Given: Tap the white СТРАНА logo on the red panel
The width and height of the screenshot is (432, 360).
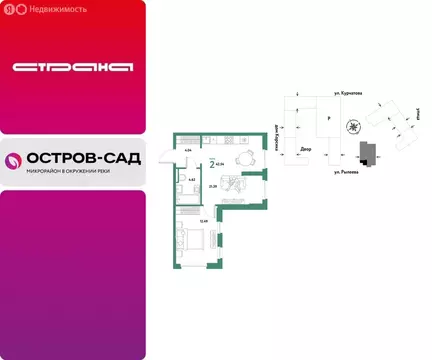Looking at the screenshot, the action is click(72, 67).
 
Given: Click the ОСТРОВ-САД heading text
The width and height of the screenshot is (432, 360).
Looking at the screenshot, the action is click(85, 158).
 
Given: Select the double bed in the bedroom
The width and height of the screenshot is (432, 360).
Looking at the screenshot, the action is click(195, 239).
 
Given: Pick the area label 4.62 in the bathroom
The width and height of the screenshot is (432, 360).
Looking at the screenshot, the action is click(191, 179).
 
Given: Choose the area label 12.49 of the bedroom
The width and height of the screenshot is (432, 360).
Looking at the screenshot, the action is click(203, 220).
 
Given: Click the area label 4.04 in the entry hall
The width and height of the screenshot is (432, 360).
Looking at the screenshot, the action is click(189, 152).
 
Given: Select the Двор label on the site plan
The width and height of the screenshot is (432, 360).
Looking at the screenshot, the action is click(305, 150).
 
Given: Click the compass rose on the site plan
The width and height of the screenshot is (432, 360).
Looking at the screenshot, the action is click(352, 127).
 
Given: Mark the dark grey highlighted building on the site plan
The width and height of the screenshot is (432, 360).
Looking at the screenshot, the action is click(366, 152).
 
